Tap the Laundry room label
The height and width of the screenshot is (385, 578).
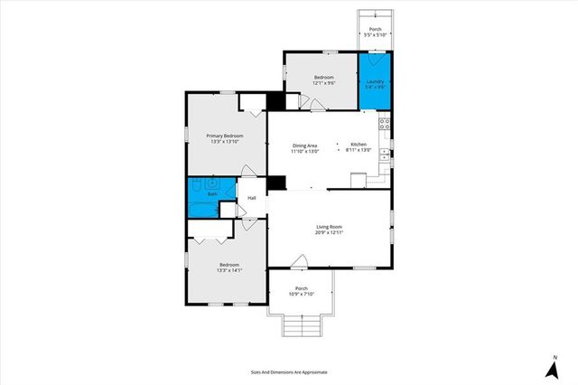[x=376, y=82]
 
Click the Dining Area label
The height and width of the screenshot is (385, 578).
[x=304, y=146]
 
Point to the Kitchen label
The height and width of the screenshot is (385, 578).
[x=359, y=146]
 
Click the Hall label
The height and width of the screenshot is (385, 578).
[x=252, y=198]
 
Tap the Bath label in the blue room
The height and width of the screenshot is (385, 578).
[x=213, y=194]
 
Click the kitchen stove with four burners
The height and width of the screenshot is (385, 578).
[x=384, y=124]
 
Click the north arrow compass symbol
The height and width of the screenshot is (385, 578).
[x=551, y=369]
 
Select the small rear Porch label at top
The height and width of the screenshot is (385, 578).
[x=376, y=30]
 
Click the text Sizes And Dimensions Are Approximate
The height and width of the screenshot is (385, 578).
[x=289, y=371]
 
